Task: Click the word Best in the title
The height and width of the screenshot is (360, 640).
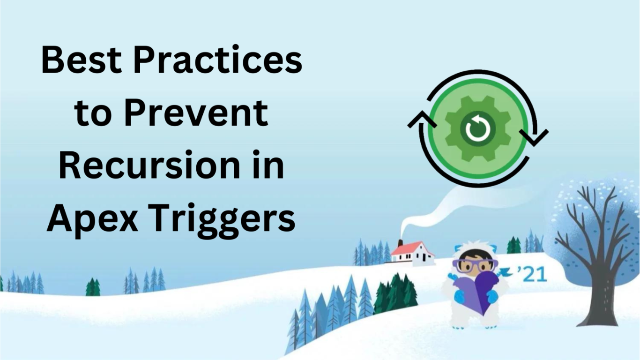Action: (x=81, y=60)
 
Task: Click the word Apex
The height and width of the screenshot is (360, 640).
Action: (x=92, y=219)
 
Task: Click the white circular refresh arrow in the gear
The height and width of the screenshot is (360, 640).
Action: (x=478, y=129)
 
